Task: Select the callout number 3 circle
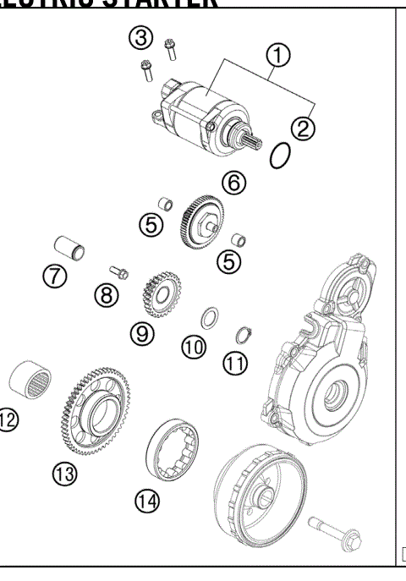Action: pos(140,36)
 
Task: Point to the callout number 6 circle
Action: pos(234,182)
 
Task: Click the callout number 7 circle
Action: pos(57,277)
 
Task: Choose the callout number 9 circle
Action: pos(142,333)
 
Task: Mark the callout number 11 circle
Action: pos(234,364)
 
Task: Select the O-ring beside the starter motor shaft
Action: pos(281,156)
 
